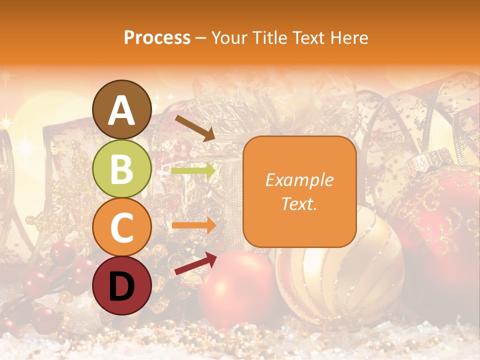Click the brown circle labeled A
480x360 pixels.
point(122,110)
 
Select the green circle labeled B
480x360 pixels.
point(122,168)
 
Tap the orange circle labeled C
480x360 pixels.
point(122,227)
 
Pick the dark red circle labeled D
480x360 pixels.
point(122,285)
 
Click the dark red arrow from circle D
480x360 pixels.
point(195,263)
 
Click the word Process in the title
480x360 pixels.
point(157,37)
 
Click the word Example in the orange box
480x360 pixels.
point(299,180)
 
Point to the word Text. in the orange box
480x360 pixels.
point(299,203)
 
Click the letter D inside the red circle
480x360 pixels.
point(122,286)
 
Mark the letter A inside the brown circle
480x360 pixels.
point(122,110)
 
